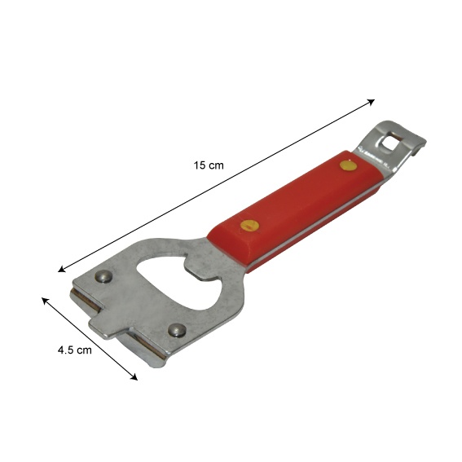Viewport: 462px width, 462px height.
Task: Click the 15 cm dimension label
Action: tap(209, 165)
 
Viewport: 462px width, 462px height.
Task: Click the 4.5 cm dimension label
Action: tap(74, 350)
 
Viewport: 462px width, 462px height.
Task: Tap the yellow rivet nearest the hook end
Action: tap(348, 165)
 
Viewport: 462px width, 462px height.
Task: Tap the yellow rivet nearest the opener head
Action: tap(249, 226)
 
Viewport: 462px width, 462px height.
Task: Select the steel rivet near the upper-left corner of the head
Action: tap(103, 276)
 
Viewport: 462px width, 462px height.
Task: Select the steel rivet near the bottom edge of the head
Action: tap(177, 330)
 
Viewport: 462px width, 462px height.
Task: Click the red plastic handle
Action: tap(293, 211)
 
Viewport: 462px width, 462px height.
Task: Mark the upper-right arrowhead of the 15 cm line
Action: tap(372, 102)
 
